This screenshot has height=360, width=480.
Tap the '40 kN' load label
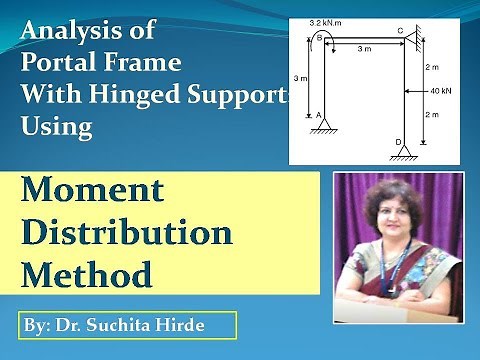click(x=440, y=91)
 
